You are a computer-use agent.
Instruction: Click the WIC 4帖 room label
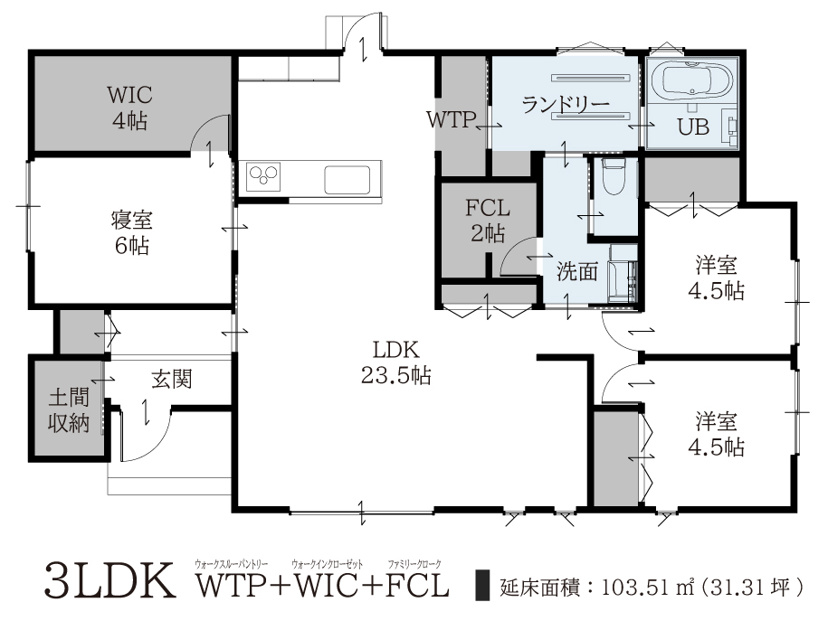click(130, 108)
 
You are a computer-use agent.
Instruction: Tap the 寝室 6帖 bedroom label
click(131, 232)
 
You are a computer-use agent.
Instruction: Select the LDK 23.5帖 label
click(396, 362)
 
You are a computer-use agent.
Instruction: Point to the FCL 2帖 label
click(488, 221)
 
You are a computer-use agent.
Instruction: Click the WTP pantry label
click(451, 120)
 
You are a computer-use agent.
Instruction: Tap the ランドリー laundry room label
click(566, 105)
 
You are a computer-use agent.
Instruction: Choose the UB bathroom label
click(693, 127)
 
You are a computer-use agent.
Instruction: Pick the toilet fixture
click(614, 177)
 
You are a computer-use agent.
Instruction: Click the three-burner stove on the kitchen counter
click(263, 176)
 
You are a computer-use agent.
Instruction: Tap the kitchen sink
click(347, 179)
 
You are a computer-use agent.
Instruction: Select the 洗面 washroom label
click(577, 272)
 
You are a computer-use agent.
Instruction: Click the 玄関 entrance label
click(172, 380)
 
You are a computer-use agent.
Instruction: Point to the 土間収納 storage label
click(69, 410)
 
